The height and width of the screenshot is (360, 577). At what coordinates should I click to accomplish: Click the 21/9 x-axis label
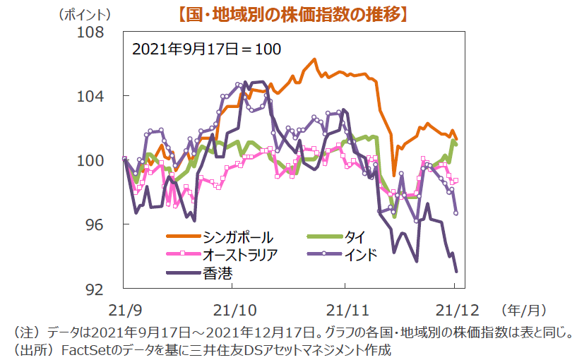tap(124, 310)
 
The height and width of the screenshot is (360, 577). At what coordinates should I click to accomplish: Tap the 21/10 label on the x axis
tap(233, 310)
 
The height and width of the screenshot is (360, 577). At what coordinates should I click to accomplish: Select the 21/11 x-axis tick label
tap(345, 310)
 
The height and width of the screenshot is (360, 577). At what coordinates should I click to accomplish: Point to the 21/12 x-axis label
tap(455, 310)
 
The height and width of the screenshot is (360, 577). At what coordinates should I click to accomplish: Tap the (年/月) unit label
tap(523, 310)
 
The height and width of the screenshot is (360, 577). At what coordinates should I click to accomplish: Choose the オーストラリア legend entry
tap(240, 254)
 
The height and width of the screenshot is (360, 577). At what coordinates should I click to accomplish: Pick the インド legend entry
tap(360, 254)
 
